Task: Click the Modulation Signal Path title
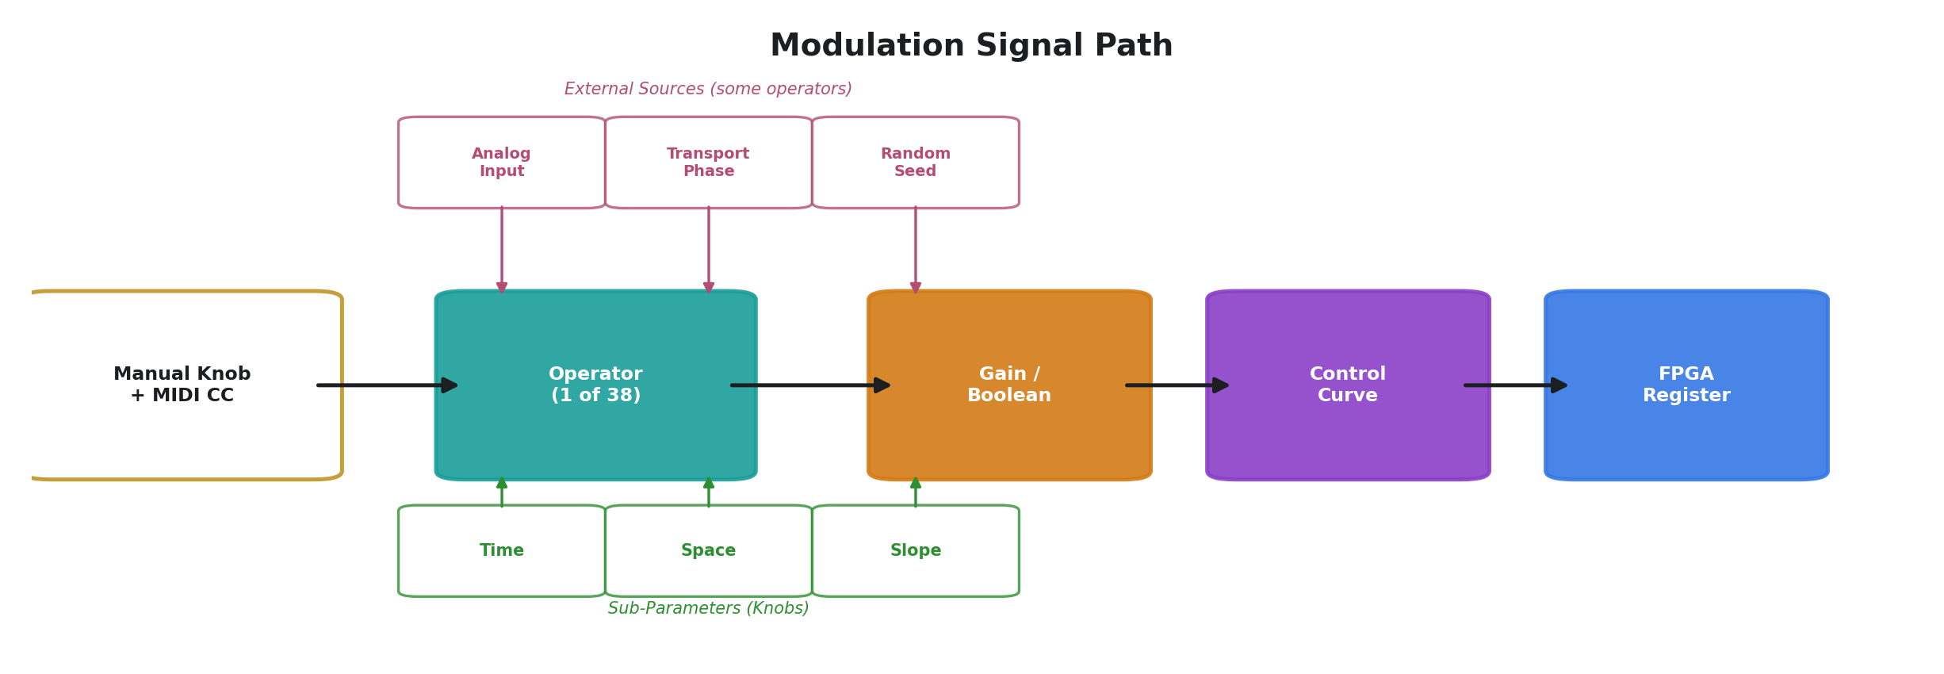971,46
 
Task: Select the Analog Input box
502,163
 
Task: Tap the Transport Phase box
708,163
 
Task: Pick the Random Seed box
915,163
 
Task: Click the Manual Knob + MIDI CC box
182,385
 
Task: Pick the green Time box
502,550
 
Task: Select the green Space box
708,550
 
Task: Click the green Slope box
915,550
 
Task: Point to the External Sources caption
708,90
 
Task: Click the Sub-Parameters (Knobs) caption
708,608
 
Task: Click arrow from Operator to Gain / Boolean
810,385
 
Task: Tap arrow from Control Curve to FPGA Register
1516,385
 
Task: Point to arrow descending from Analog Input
502,249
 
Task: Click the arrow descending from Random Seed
916,249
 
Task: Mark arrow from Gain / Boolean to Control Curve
1177,385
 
